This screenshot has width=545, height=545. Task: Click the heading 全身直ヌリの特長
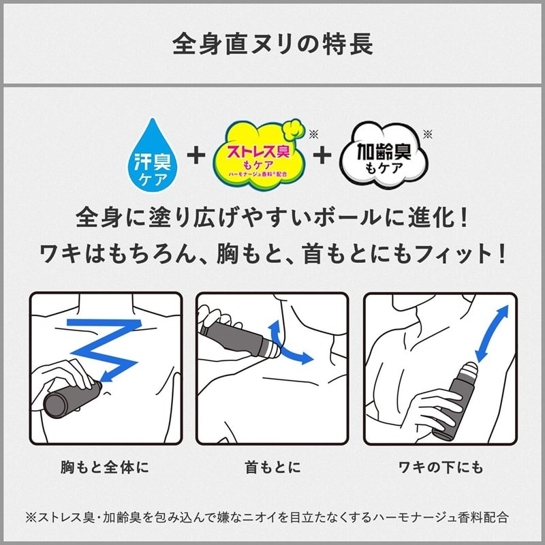[272, 44]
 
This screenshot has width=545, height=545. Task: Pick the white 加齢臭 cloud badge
[384, 155]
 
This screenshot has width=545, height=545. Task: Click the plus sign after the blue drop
[196, 155]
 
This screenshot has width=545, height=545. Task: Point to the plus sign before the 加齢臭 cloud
[322, 155]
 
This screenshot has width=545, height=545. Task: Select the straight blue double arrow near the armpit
[491, 334]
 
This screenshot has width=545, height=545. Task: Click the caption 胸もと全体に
[105, 467]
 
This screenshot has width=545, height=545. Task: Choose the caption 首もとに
[272, 467]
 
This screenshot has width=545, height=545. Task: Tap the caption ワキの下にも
[441, 467]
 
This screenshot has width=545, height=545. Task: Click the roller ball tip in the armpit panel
[470, 369]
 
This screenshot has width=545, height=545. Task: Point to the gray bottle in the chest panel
[72, 399]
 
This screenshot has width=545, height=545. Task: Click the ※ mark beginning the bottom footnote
[31, 518]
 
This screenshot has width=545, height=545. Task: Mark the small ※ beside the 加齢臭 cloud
[428, 134]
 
